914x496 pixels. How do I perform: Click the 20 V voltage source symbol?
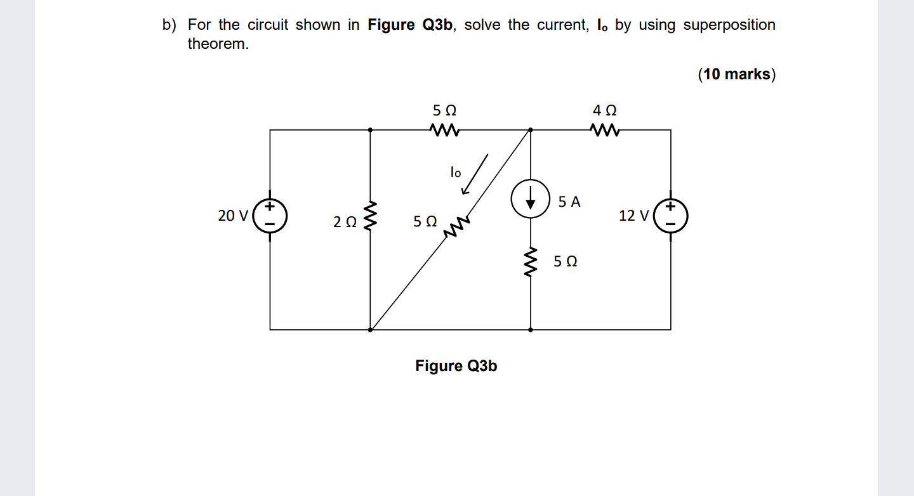[270, 216]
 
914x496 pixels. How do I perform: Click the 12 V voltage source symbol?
[671, 216]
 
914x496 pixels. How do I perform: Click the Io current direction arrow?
[475, 173]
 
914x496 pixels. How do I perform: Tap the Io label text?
[455, 172]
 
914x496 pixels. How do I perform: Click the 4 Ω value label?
[604, 110]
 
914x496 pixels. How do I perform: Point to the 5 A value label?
[569, 202]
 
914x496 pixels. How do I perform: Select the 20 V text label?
[233, 216]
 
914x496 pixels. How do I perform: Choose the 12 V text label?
[633, 216]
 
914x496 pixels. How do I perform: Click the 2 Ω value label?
[345, 222]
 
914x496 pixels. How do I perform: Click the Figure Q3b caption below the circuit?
[456, 366]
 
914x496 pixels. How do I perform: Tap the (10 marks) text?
[736, 74]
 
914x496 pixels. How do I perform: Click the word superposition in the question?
[729, 25]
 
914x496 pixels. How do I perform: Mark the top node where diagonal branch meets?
[530, 129]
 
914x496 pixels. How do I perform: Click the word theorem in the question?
[218, 44]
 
